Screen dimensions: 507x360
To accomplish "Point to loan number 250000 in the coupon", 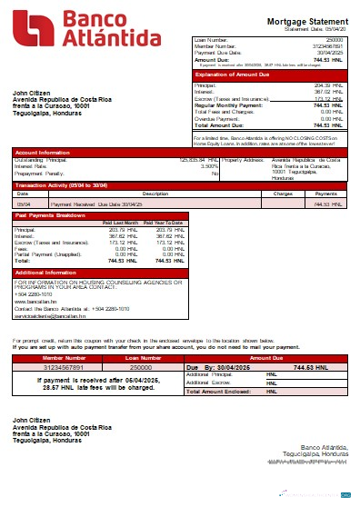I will click(141, 366).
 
